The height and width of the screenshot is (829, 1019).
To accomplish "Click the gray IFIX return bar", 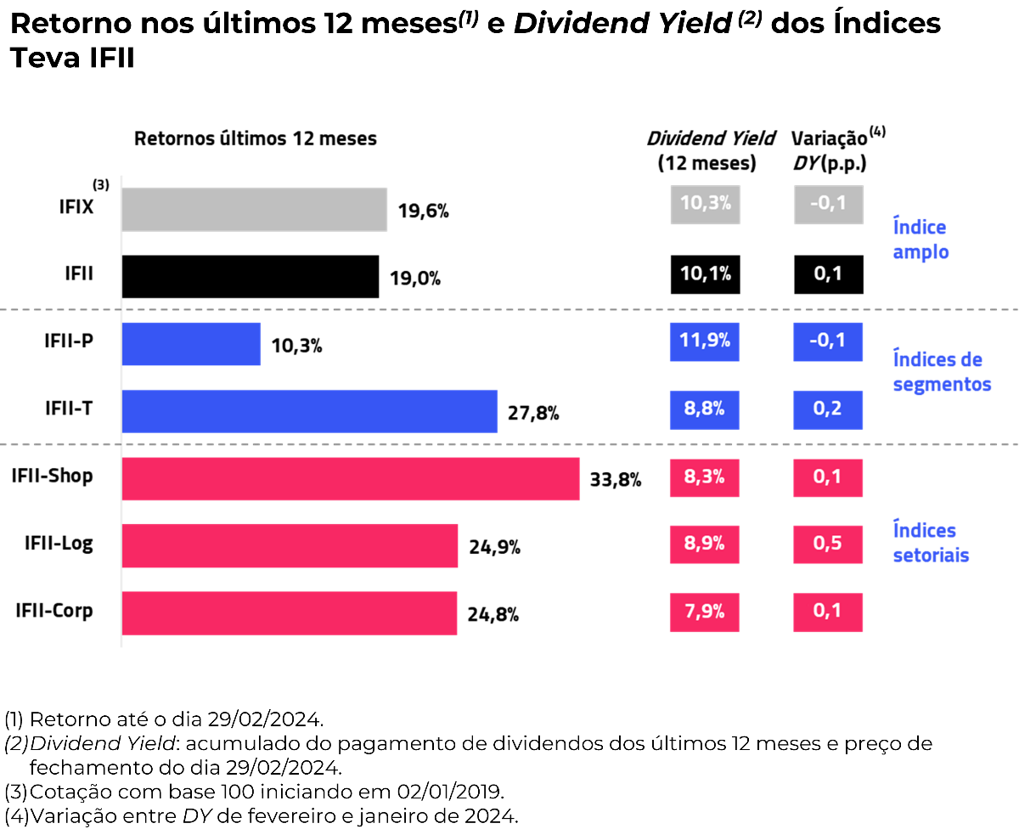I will [x=254, y=210].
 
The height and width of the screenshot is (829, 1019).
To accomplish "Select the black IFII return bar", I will [x=250, y=277].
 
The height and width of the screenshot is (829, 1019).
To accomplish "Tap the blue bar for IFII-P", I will [x=191, y=344].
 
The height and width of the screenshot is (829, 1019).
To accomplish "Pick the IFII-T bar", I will [x=309, y=411].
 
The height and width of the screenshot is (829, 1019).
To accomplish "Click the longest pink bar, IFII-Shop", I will [x=350, y=478].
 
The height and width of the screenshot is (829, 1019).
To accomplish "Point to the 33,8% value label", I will [x=616, y=480].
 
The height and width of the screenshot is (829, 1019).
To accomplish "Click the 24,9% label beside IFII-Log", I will [x=494, y=547].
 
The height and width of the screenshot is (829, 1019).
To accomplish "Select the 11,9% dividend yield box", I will [x=705, y=341].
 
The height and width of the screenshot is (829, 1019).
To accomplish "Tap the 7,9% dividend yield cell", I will [x=705, y=612].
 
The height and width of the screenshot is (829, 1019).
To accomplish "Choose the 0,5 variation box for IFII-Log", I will [x=828, y=544].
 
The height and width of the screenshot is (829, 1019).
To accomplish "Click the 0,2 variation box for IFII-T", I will [x=828, y=409].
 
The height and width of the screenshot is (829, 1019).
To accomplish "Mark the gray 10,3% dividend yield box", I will [x=705, y=204].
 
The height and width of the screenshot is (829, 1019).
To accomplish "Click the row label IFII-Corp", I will [x=54, y=611].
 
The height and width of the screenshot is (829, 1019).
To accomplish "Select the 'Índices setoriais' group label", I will [x=931, y=543].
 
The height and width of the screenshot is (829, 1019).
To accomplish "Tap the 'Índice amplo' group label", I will [x=920, y=240].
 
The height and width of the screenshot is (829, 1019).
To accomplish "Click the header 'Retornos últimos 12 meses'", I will [x=256, y=138].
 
